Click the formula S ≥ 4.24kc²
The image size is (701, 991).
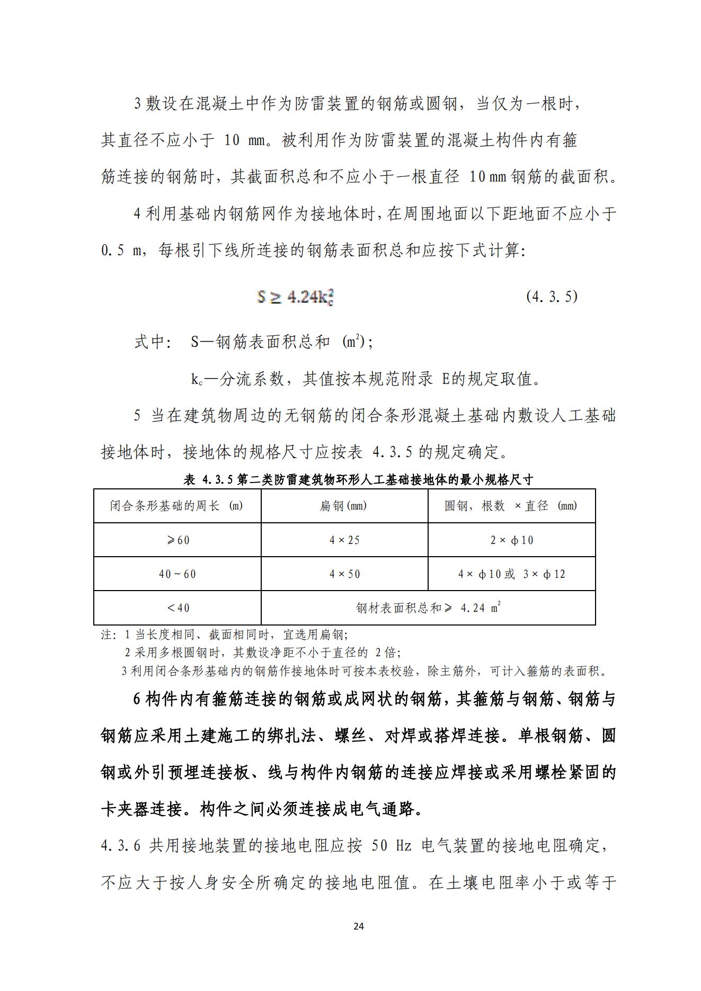[x=295, y=297]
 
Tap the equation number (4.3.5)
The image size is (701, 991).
[x=552, y=296]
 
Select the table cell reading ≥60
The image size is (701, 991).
[x=178, y=540]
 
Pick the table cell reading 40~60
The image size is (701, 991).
[x=178, y=574]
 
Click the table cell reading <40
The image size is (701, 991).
[x=178, y=608]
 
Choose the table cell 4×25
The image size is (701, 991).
[x=344, y=540]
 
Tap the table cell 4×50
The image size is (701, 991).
[x=344, y=574]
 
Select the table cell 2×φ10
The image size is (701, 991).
[x=512, y=540]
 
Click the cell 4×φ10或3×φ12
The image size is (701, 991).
[x=512, y=574]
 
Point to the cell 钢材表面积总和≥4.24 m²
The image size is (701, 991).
[x=428, y=608]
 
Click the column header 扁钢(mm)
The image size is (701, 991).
[x=344, y=506]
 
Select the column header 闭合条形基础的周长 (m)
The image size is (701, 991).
[x=177, y=506]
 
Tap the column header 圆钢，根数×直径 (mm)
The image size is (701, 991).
[x=511, y=506]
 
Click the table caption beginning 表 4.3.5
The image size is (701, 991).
[x=358, y=480]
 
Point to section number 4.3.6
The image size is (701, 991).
[x=120, y=846]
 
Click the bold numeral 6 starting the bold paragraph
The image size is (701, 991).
[x=137, y=700]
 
